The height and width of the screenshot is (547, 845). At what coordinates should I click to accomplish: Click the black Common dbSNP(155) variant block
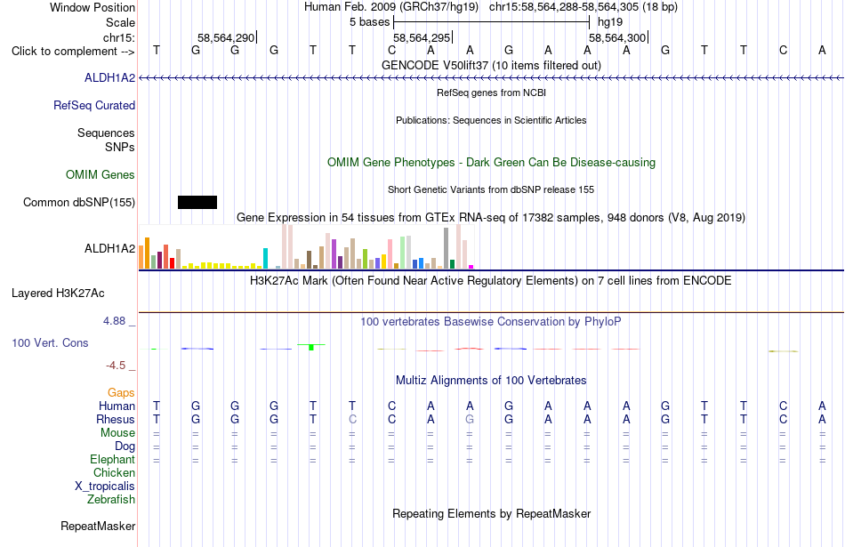tap(197, 202)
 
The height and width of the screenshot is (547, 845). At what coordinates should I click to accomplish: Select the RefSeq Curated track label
tap(94, 105)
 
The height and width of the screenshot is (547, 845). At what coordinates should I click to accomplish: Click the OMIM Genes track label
tap(101, 174)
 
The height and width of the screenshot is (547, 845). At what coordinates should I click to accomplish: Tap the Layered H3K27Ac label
tap(58, 294)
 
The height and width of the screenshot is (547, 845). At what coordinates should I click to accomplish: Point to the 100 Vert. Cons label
tap(50, 342)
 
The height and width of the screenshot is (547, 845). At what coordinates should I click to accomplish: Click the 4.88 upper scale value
tap(114, 321)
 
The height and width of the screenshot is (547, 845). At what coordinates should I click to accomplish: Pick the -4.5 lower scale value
tap(116, 366)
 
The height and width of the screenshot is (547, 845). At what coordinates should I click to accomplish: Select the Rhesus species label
tap(116, 419)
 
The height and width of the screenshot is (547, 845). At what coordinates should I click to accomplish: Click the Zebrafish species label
tap(111, 500)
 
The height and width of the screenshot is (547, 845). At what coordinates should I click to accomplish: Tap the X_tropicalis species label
tap(105, 487)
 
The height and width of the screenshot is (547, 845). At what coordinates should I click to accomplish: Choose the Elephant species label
tap(113, 459)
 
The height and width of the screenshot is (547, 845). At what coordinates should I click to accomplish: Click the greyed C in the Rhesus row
tap(352, 419)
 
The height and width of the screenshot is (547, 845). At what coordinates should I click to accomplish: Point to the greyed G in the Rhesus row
tap(470, 419)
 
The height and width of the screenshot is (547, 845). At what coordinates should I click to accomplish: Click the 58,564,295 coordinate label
tap(422, 37)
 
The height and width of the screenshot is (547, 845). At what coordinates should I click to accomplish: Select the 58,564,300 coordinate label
tap(617, 37)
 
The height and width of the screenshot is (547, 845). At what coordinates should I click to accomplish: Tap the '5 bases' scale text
tap(370, 22)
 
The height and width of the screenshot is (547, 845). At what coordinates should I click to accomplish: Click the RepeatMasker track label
tap(98, 526)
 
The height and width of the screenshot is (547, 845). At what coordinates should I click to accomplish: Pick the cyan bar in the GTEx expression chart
tap(265, 258)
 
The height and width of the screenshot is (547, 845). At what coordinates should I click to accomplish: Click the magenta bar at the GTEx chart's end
tap(471, 267)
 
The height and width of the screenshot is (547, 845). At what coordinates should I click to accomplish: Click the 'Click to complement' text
tap(63, 52)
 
